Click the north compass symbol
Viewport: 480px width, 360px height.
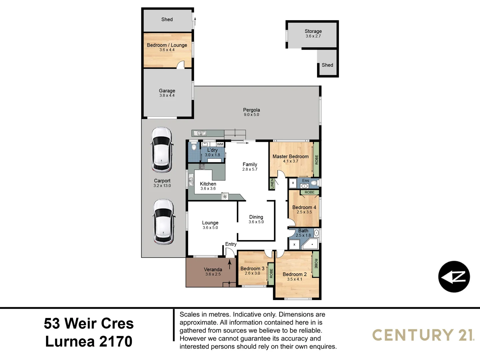tap(454, 277)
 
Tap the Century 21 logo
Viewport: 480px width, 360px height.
tap(423, 335)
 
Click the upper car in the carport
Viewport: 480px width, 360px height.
tap(162, 150)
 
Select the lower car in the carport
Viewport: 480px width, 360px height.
tap(163, 222)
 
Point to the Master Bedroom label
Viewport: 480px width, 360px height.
tap(290, 156)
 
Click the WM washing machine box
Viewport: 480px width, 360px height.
tap(220, 144)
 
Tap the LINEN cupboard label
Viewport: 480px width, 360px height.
tap(272, 184)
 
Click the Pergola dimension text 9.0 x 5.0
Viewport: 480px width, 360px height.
tap(251, 115)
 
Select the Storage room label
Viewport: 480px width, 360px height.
tap(313, 31)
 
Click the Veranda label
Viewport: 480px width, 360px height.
tap(213, 269)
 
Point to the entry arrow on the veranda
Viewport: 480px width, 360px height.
tap(230, 264)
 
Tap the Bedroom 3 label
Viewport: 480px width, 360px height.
tap(252, 268)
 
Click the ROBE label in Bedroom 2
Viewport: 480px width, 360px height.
tap(316, 264)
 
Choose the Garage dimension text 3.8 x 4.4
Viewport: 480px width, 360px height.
tap(167, 96)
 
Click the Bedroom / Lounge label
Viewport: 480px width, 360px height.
tap(167, 45)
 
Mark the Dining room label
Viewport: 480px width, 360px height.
tap(256, 217)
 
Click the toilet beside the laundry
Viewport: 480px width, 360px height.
tap(194, 147)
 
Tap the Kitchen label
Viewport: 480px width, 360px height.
tap(208, 184)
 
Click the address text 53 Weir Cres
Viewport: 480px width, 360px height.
tap(89, 323)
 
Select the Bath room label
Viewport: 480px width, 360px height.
tap(303, 231)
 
